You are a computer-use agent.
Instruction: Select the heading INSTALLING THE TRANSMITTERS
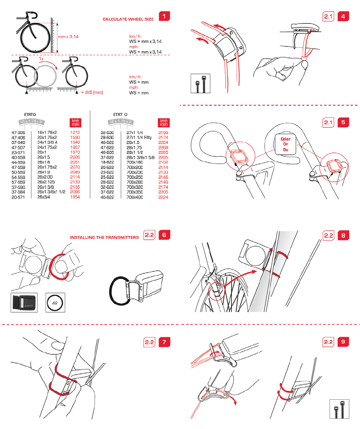coord(104,237)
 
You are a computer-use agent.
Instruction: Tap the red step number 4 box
coord(343,17)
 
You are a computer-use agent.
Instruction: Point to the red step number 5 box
coord(343,123)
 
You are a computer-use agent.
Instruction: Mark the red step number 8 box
coord(343,235)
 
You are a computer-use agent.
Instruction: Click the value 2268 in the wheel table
coord(163,147)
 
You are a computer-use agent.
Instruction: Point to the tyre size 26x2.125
coord(47,182)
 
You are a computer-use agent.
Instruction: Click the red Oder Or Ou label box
coord(285,144)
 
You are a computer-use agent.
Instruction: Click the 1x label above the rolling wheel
coord(41,59)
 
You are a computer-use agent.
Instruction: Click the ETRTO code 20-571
coord(19,197)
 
